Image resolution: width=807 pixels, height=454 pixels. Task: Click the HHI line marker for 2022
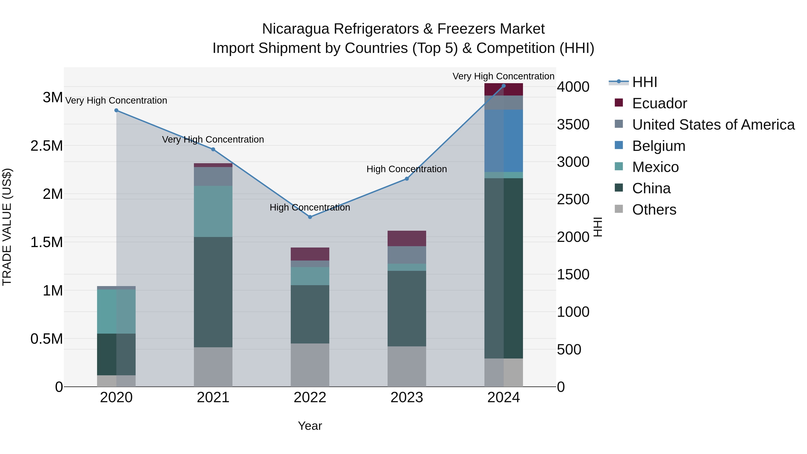[310, 217]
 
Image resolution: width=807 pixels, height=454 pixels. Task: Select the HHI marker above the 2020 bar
[116, 110]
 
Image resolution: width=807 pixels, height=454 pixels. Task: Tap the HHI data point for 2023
[407, 179]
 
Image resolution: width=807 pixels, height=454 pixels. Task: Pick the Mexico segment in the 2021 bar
[213, 211]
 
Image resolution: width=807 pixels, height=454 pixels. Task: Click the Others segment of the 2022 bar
[310, 365]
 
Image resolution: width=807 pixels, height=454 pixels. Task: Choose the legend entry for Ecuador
[659, 103]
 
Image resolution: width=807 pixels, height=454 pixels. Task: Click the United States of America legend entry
[713, 125]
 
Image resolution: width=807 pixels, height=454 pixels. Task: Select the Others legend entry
[654, 210]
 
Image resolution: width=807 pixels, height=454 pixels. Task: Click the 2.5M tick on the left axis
[46, 146]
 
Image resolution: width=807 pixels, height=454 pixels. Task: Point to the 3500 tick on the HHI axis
[573, 124]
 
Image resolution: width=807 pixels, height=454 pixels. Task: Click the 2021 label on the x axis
[213, 398]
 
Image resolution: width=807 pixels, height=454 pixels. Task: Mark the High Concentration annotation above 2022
[310, 207]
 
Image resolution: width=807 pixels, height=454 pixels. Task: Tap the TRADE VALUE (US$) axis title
[7, 227]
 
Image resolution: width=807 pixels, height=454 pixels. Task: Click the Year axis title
[310, 426]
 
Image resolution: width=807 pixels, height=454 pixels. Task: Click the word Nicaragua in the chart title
[295, 29]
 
